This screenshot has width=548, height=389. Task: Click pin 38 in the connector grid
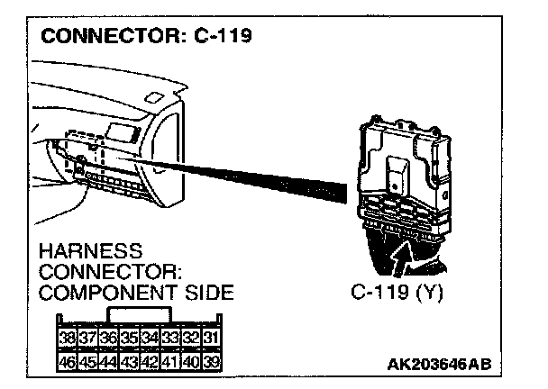66,339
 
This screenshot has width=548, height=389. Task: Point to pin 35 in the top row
130,339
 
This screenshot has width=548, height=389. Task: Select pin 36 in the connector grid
108,339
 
